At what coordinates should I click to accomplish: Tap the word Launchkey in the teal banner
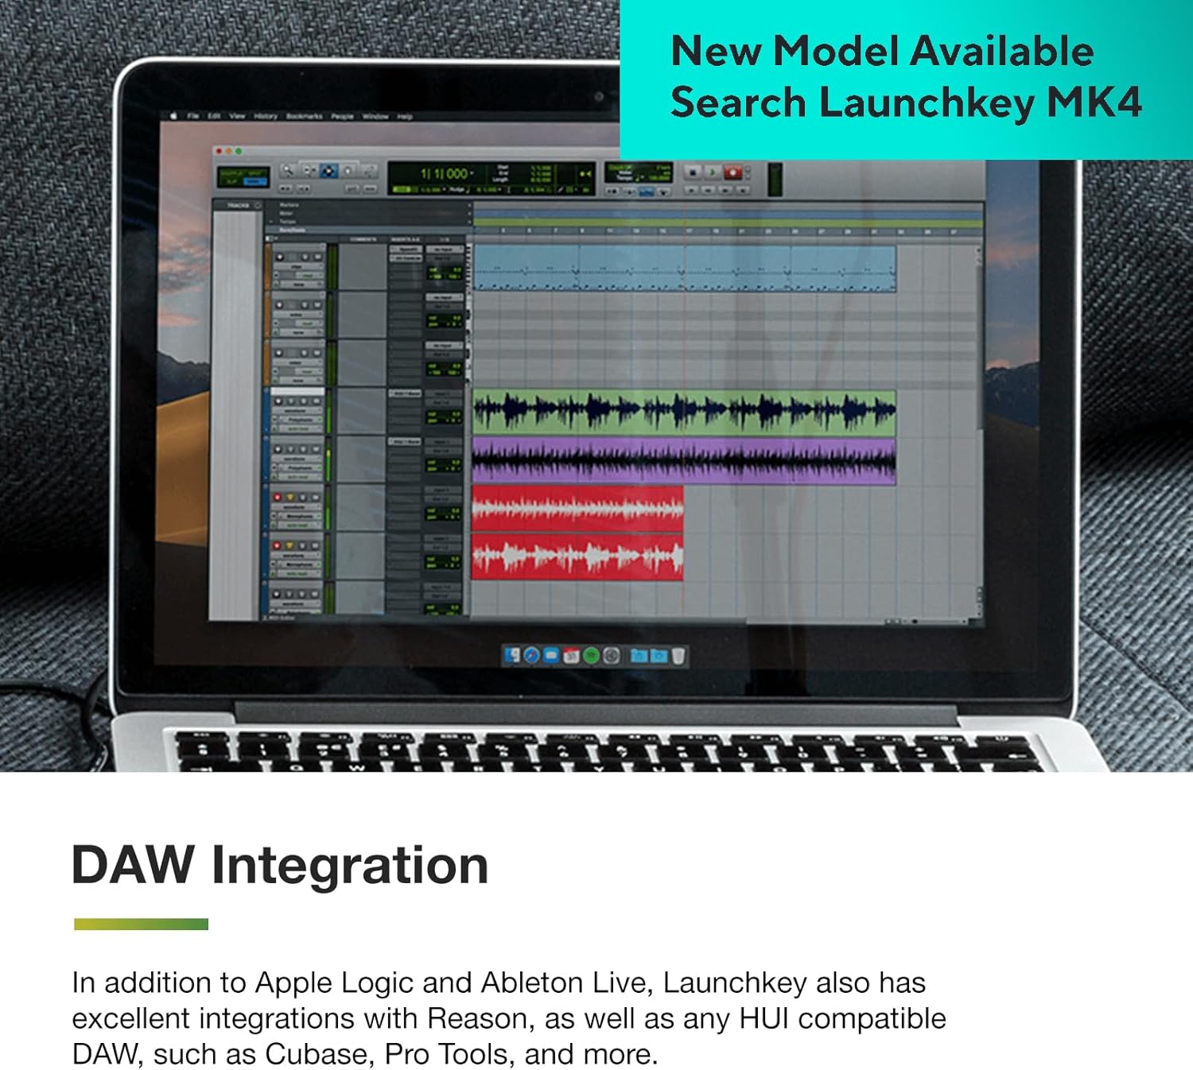(x=927, y=104)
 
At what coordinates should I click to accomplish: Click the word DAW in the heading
(x=133, y=865)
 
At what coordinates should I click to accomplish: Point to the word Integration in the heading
(x=350, y=865)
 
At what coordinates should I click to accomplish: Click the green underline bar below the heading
(x=141, y=924)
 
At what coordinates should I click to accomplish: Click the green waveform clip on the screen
(x=684, y=412)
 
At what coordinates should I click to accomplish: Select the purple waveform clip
(x=684, y=460)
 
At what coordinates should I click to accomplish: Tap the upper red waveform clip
(x=577, y=508)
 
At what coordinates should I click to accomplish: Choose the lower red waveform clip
(x=577, y=556)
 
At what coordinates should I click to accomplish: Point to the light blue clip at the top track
(x=684, y=268)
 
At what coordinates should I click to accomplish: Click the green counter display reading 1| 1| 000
(x=446, y=173)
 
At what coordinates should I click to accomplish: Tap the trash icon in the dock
(x=678, y=656)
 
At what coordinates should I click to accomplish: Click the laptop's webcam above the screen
(x=598, y=96)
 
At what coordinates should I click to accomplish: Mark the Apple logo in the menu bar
(x=173, y=116)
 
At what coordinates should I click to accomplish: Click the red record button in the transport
(x=733, y=173)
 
